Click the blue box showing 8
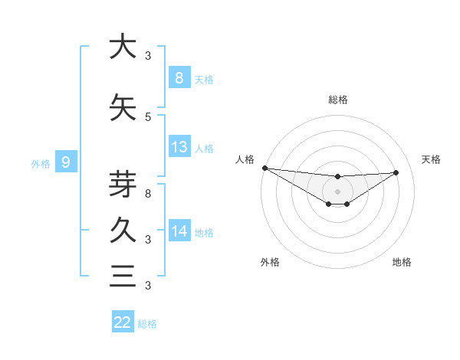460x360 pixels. [179, 78]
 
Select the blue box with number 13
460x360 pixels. [179, 147]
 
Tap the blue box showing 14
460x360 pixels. [179, 231]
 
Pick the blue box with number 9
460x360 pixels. [66, 162]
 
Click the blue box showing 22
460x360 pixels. [123, 322]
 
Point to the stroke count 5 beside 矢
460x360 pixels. [148, 116]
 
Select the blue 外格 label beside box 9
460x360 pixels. [40, 162]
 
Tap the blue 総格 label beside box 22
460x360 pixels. [148, 323]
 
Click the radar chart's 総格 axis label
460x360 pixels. [337, 100]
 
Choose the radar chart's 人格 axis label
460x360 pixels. [245, 159]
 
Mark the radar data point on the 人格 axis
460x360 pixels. [264, 168]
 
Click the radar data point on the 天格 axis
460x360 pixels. [396, 172]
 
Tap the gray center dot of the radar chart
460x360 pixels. [337, 191]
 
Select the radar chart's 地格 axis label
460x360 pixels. [402, 262]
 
